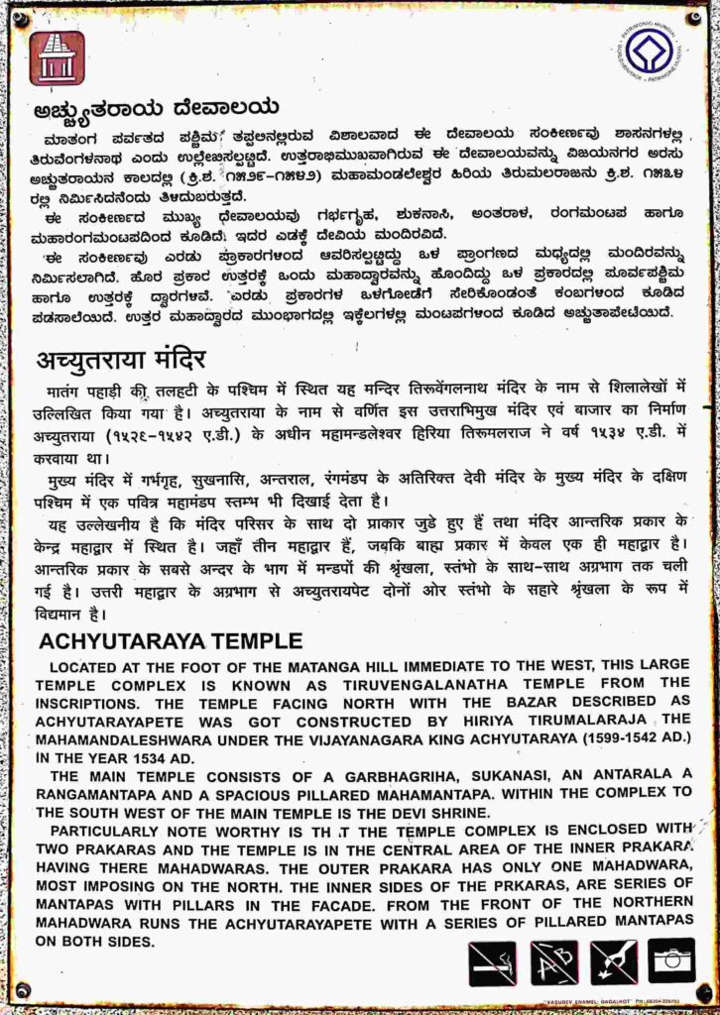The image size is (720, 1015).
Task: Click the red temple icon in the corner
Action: [58, 57]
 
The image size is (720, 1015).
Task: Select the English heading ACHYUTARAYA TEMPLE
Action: [170, 641]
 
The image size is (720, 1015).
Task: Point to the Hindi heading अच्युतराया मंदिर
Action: [121, 359]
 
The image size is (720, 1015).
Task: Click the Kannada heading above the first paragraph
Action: [155, 108]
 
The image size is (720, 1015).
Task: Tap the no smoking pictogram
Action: [492, 961]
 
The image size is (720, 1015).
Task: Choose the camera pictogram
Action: [671, 961]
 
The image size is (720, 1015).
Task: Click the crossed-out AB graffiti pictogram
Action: [553, 961]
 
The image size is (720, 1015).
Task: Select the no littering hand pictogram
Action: [613, 961]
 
